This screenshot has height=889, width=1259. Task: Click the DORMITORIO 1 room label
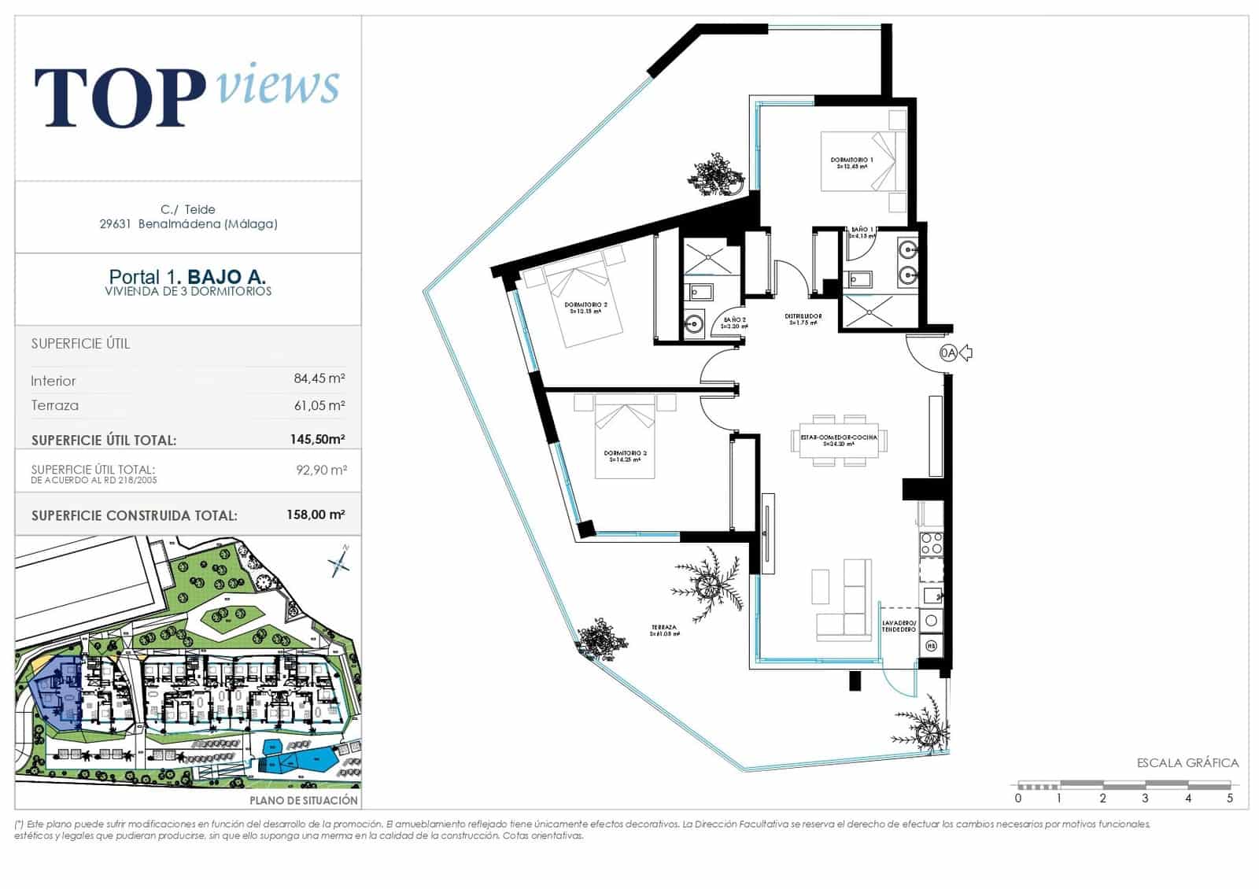[851, 163]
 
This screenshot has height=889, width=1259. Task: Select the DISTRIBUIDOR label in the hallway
[803, 319]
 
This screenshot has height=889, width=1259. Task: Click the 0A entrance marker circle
[948, 353]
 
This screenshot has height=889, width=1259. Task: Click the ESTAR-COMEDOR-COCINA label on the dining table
[839, 439]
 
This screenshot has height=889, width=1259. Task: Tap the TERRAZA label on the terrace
[664, 630]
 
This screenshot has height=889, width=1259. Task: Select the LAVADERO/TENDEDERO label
[899, 626]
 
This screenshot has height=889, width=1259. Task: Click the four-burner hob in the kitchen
[932, 544]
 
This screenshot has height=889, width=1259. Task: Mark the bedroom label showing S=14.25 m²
[625, 456]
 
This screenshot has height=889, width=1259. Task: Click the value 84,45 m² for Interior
[319, 378]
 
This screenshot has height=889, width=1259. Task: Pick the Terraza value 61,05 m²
[319, 405]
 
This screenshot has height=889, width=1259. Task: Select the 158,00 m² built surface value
[315, 515]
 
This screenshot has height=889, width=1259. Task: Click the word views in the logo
[277, 84]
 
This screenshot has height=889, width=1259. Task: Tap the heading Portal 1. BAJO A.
[187, 277]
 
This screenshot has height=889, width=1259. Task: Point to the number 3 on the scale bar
[1145, 798]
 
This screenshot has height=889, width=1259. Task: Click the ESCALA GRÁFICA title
[1187, 763]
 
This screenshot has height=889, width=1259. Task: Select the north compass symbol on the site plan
[340, 561]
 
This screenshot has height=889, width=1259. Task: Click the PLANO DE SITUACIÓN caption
[304, 800]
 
